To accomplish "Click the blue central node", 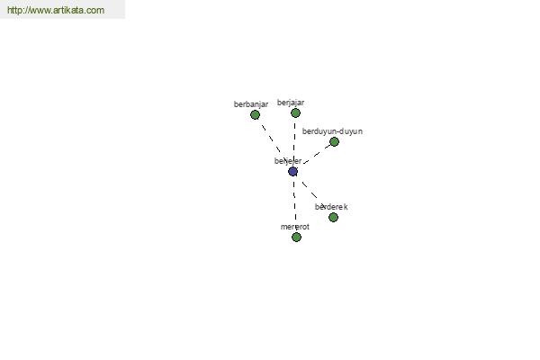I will [292, 171].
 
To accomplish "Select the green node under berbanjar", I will [255, 115].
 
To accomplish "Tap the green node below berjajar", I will [295, 113].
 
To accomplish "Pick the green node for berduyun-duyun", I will [334, 142].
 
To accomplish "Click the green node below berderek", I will [333, 218].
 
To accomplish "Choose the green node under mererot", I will [296, 238].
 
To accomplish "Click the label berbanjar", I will [251, 104].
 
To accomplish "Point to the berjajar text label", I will [291, 103].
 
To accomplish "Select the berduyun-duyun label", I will [332, 131].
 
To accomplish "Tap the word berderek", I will [331, 207].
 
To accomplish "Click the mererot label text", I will [294, 227].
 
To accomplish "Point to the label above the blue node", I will [288, 161].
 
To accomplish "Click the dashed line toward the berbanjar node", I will [273, 142].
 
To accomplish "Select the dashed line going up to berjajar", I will [294, 140].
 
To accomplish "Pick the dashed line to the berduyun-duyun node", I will [315, 156].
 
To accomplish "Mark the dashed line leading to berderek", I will [310, 191].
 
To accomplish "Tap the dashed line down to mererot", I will [294, 202].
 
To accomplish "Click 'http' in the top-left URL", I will [15, 11].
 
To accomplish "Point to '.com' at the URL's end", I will [94, 11].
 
